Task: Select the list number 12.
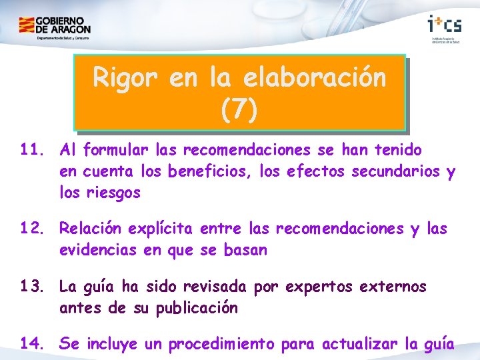33,229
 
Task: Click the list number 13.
33,287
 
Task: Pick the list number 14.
33,344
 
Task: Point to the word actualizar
360,344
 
